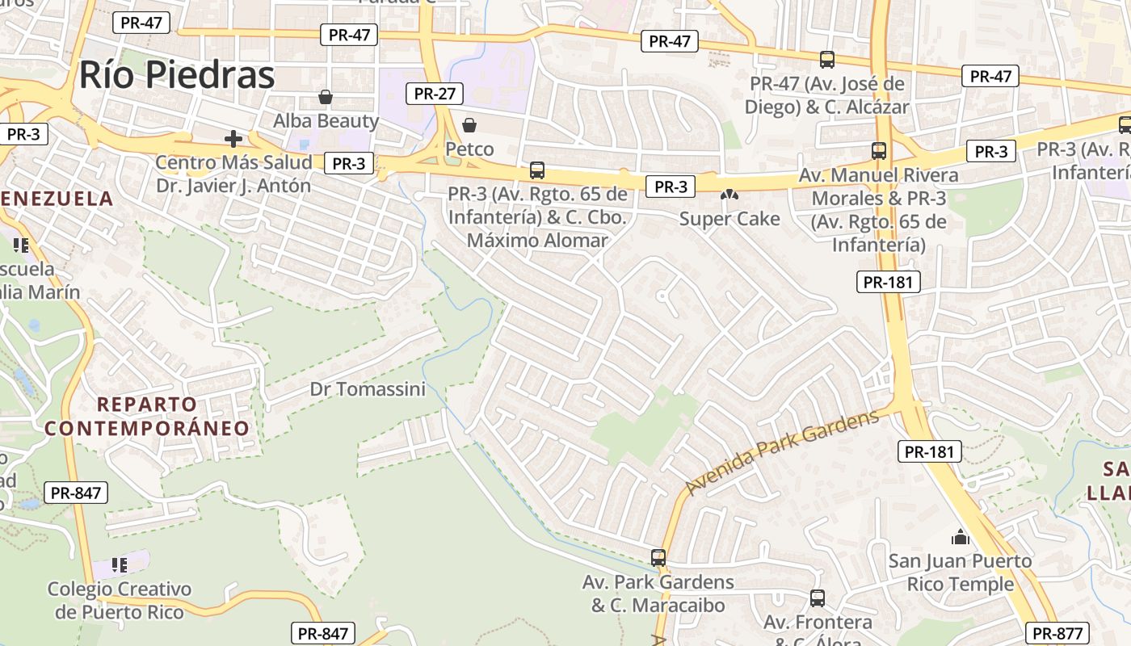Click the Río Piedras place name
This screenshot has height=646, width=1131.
177,75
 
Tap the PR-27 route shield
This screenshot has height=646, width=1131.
435,94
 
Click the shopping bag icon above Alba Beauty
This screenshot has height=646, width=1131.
326,98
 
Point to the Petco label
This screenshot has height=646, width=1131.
469,149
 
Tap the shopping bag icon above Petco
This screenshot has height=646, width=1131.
469,125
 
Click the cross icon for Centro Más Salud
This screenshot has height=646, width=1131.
233,139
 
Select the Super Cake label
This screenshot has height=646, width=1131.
729,219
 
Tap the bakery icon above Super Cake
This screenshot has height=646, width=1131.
729,195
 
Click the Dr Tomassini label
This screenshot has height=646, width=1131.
368,389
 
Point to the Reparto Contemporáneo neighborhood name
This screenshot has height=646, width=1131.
147,416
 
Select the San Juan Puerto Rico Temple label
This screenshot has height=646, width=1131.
960,573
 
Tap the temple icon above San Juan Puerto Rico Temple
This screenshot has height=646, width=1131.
960,537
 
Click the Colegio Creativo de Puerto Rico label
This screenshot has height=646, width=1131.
120,600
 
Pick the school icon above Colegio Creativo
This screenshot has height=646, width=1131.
120,565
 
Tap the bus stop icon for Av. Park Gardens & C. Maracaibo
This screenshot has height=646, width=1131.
658,557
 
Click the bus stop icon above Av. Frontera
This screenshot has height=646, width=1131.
818,598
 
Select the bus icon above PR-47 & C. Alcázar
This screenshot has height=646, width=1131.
827,59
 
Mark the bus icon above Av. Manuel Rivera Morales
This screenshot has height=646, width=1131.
879,150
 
